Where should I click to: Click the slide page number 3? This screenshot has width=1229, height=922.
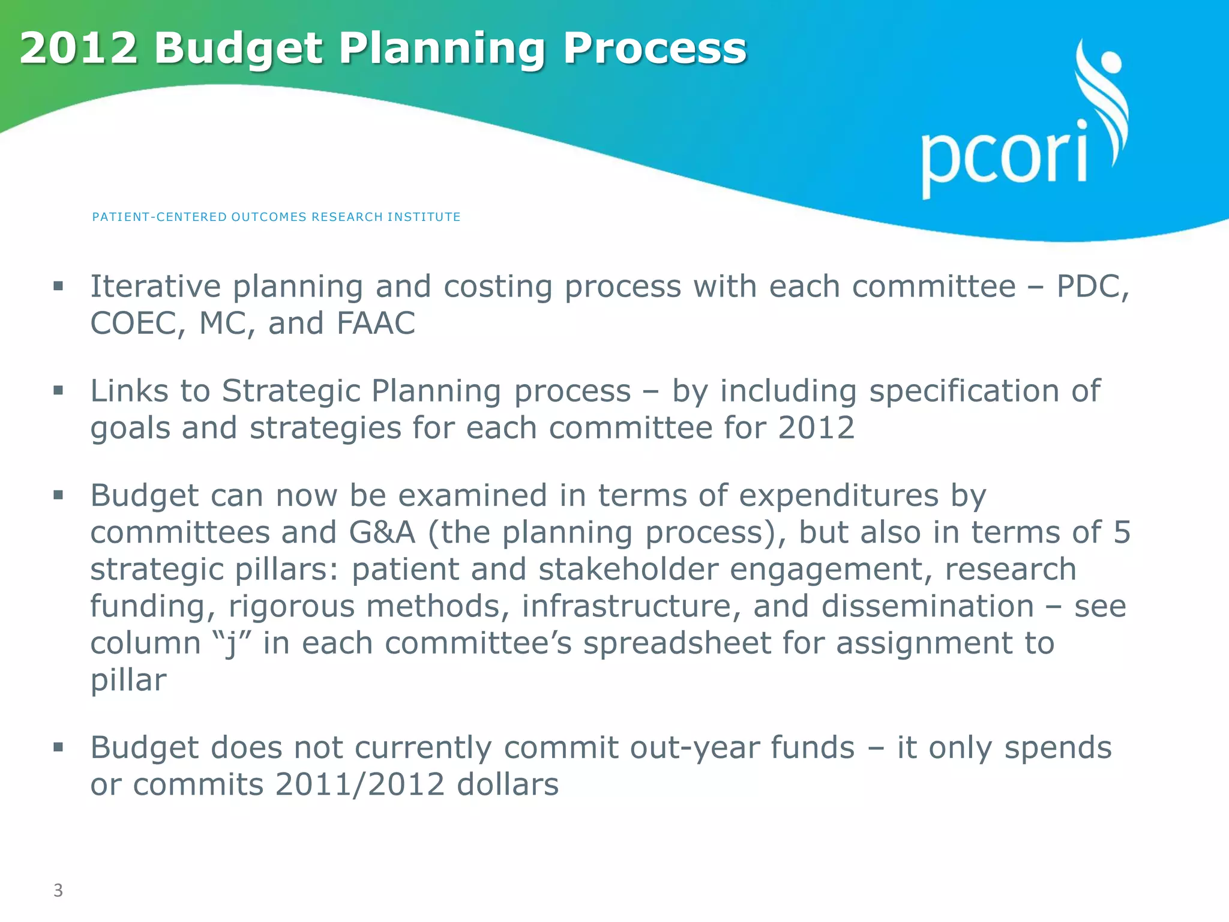pyautogui.click(x=58, y=890)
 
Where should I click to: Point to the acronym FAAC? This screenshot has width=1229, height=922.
pyautogui.click(x=376, y=324)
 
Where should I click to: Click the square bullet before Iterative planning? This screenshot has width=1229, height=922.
pyautogui.click(x=58, y=286)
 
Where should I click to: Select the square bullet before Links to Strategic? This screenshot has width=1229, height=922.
pyautogui.click(x=58, y=391)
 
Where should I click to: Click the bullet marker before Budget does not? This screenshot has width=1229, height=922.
pyautogui.click(x=58, y=748)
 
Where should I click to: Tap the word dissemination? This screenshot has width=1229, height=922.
pyautogui.click(x=928, y=606)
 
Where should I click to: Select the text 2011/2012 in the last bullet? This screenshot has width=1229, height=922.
pyautogui.click(x=359, y=785)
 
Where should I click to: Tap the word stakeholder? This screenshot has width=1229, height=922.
pyautogui.click(x=628, y=570)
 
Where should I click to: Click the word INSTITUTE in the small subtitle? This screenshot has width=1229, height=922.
pyautogui.click(x=424, y=217)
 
